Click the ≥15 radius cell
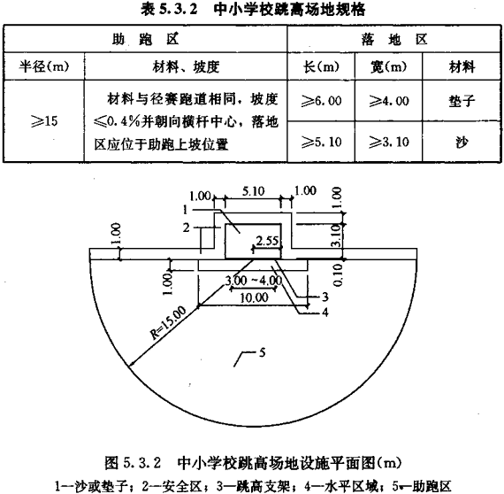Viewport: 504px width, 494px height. (x=44, y=121)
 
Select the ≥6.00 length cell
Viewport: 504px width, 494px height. (x=321, y=101)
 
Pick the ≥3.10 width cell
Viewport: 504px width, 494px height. (x=388, y=142)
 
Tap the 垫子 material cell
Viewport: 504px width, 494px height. (x=462, y=101)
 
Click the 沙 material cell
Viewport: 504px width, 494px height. (x=462, y=142)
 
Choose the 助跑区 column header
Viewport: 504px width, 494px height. (x=145, y=39)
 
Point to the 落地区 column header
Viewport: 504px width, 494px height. (x=394, y=39)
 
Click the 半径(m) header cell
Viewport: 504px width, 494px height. (x=43, y=66)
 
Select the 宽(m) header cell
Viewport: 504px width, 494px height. (x=388, y=66)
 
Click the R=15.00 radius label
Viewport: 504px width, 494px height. (x=168, y=323)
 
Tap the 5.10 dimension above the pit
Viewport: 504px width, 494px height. (x=253, y=191)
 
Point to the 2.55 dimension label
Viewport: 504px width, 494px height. (x=267, y=241)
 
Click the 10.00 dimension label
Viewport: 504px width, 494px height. (x=254, y=297)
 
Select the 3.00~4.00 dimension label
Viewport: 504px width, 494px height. (x=253, y=281)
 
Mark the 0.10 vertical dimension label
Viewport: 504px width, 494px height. (x=338, y=274)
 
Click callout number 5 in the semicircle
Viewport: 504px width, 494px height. (x=263, y=352)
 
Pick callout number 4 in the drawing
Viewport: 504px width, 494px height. (x=325, y=312)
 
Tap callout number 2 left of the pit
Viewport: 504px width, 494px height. (x=186, y=228)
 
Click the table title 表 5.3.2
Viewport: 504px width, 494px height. (x=169, y=10)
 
